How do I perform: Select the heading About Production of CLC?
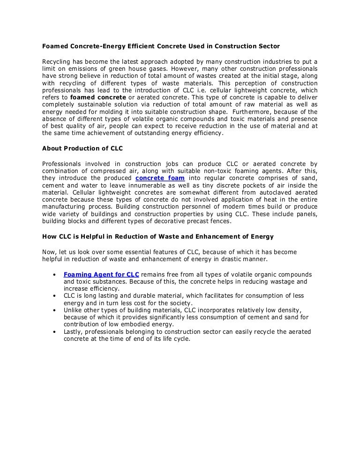click(x=82, y=149)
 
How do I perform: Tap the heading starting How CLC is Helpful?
click(x=158, y=236)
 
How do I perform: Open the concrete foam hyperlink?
click(x=160, y=178)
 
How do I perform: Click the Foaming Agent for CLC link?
click(x=101, y=274)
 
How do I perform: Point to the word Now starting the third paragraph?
click(x=49, y=252)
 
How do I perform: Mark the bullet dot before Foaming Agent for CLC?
click(x=55, y=274)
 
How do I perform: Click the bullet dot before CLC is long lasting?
click(x=55, y=296)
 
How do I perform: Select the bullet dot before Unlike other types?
click(x=55, y=310)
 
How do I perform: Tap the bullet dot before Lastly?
click(x=55, y=332)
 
